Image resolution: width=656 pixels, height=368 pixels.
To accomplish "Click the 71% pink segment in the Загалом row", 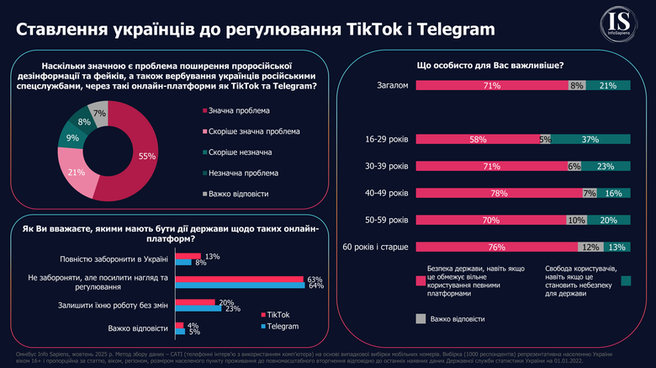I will click(x=487, y=86).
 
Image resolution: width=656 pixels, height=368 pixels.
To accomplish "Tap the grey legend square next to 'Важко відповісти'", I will click(x=421, y=319).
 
